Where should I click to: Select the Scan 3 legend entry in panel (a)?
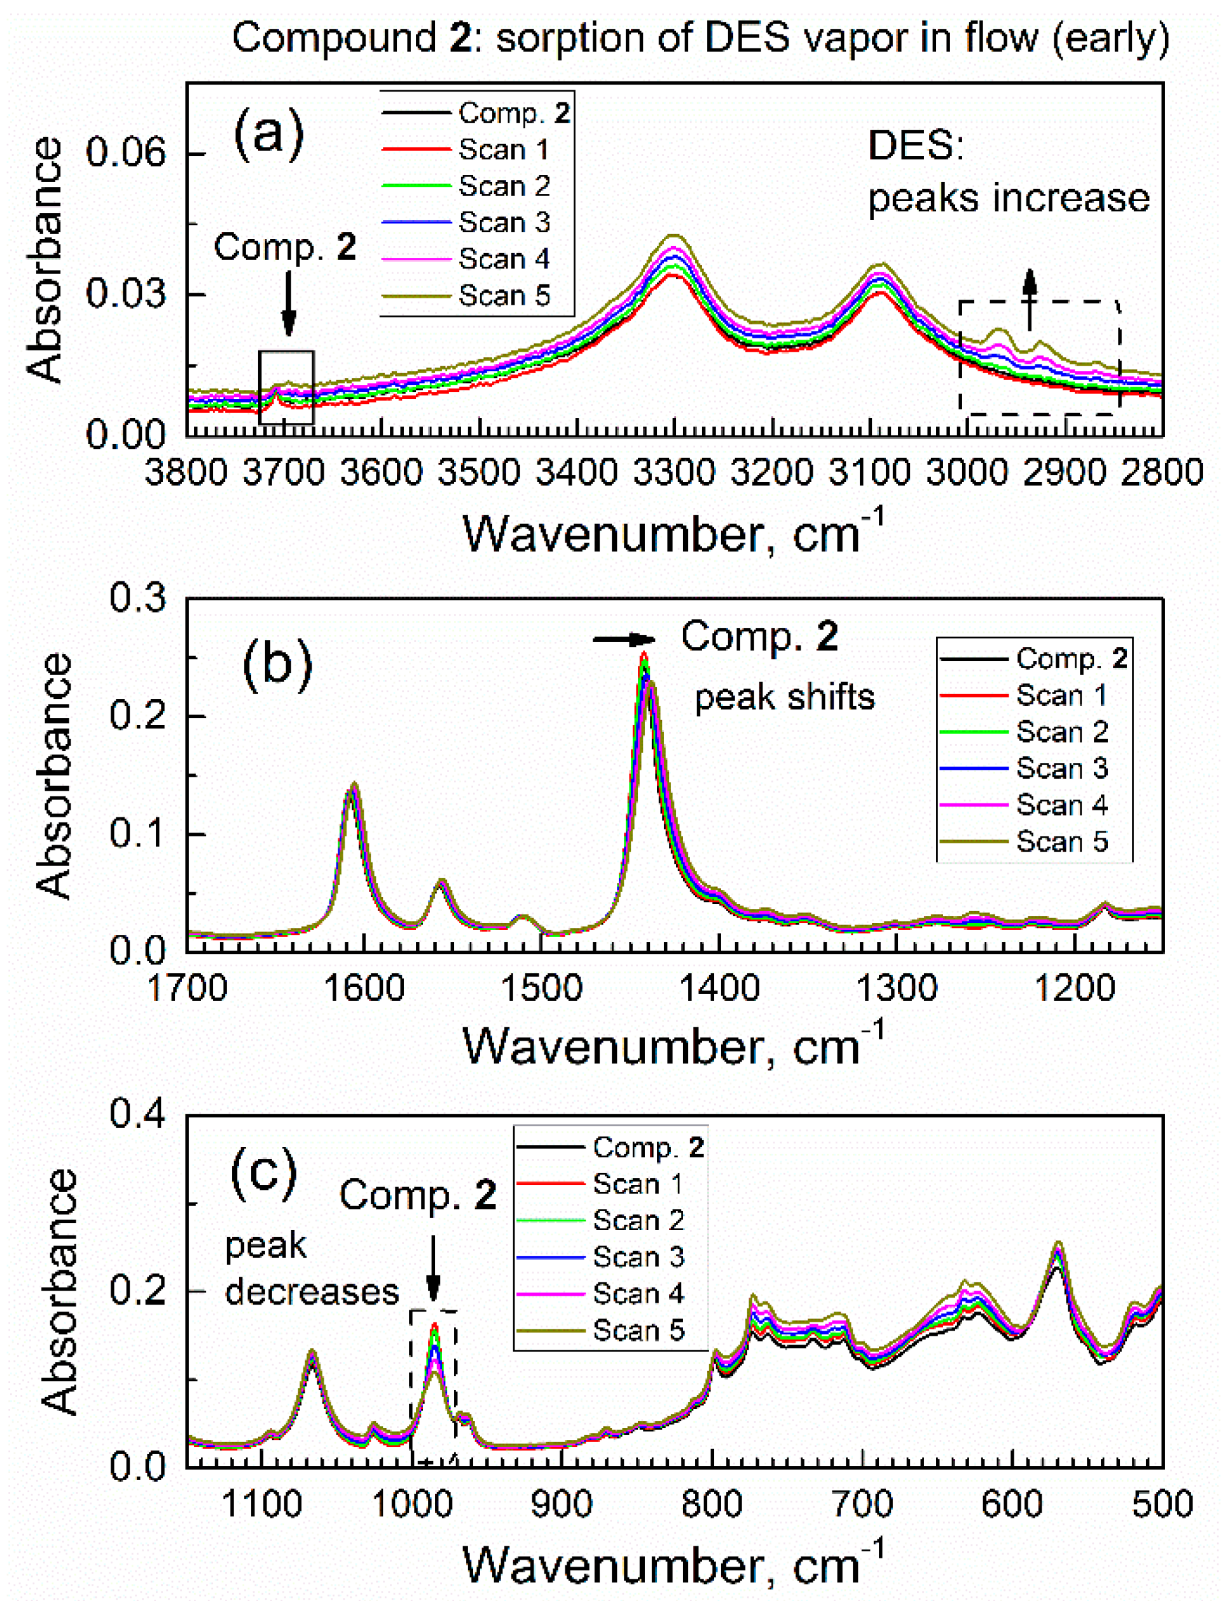click(x=504, y=222)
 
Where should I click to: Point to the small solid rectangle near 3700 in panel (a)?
click(x=287, y=387)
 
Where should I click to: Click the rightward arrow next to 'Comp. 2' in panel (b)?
click(x=623, y=639)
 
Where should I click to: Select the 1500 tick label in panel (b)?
click(x=541, y=989)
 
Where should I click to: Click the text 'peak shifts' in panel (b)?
click(x=784, y=697)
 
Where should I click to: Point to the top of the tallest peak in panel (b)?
click(x=644, y=655)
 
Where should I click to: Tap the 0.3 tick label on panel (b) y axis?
click(x=137, y=598)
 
